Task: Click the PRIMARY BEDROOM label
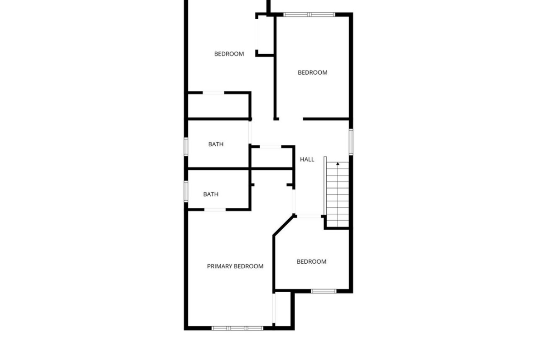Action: [x=235, y=266]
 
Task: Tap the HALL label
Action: [x=307, y=160]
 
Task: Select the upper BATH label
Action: [x=216, y=144]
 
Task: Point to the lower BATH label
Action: [x=211, y=194]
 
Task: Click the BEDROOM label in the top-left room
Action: [x=229, y=54]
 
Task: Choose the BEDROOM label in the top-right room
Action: [x=313, y=72]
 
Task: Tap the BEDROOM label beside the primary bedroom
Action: [x=311, y=262]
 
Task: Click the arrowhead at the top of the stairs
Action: [x=338, y=164]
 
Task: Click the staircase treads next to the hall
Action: [x=337, y=194]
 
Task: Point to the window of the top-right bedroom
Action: [x=309, y=14]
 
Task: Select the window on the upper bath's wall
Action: [x=186, y=146]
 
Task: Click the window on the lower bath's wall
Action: [x=186, y=191]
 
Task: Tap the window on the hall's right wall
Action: [x=351, y=142]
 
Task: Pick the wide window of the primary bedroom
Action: [x=237, y=328]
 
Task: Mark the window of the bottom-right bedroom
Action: [x=324, y=291]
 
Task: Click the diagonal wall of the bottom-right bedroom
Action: [x=284, y=226]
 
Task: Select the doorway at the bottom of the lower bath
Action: [x=215, y=210]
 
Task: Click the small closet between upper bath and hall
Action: [x=272, y=158]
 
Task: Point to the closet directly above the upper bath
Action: [x=218, y=106]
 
